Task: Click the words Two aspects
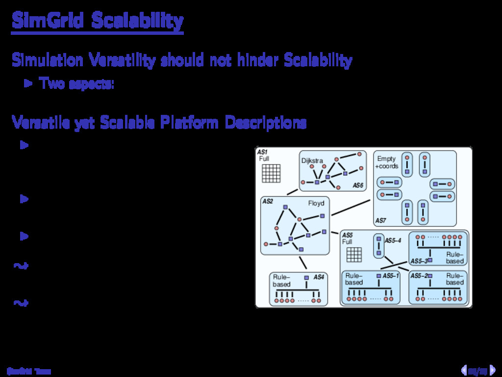click(76, 84)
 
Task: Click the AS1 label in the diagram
click(263, 153)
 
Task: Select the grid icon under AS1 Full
click(271, 173)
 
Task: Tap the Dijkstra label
click(312, 161)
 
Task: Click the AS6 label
click(358, 186)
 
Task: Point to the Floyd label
click(316, 203)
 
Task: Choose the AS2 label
click(268, 201)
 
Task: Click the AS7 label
click(380, 221)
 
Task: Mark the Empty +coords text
click(387, 162)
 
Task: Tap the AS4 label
click(319, 277)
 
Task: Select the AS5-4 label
click(393, 241)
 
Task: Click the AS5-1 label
click(391, 276)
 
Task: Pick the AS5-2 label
click(419, 276)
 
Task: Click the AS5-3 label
click(419, 261)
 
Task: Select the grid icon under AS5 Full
click(354, 254)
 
